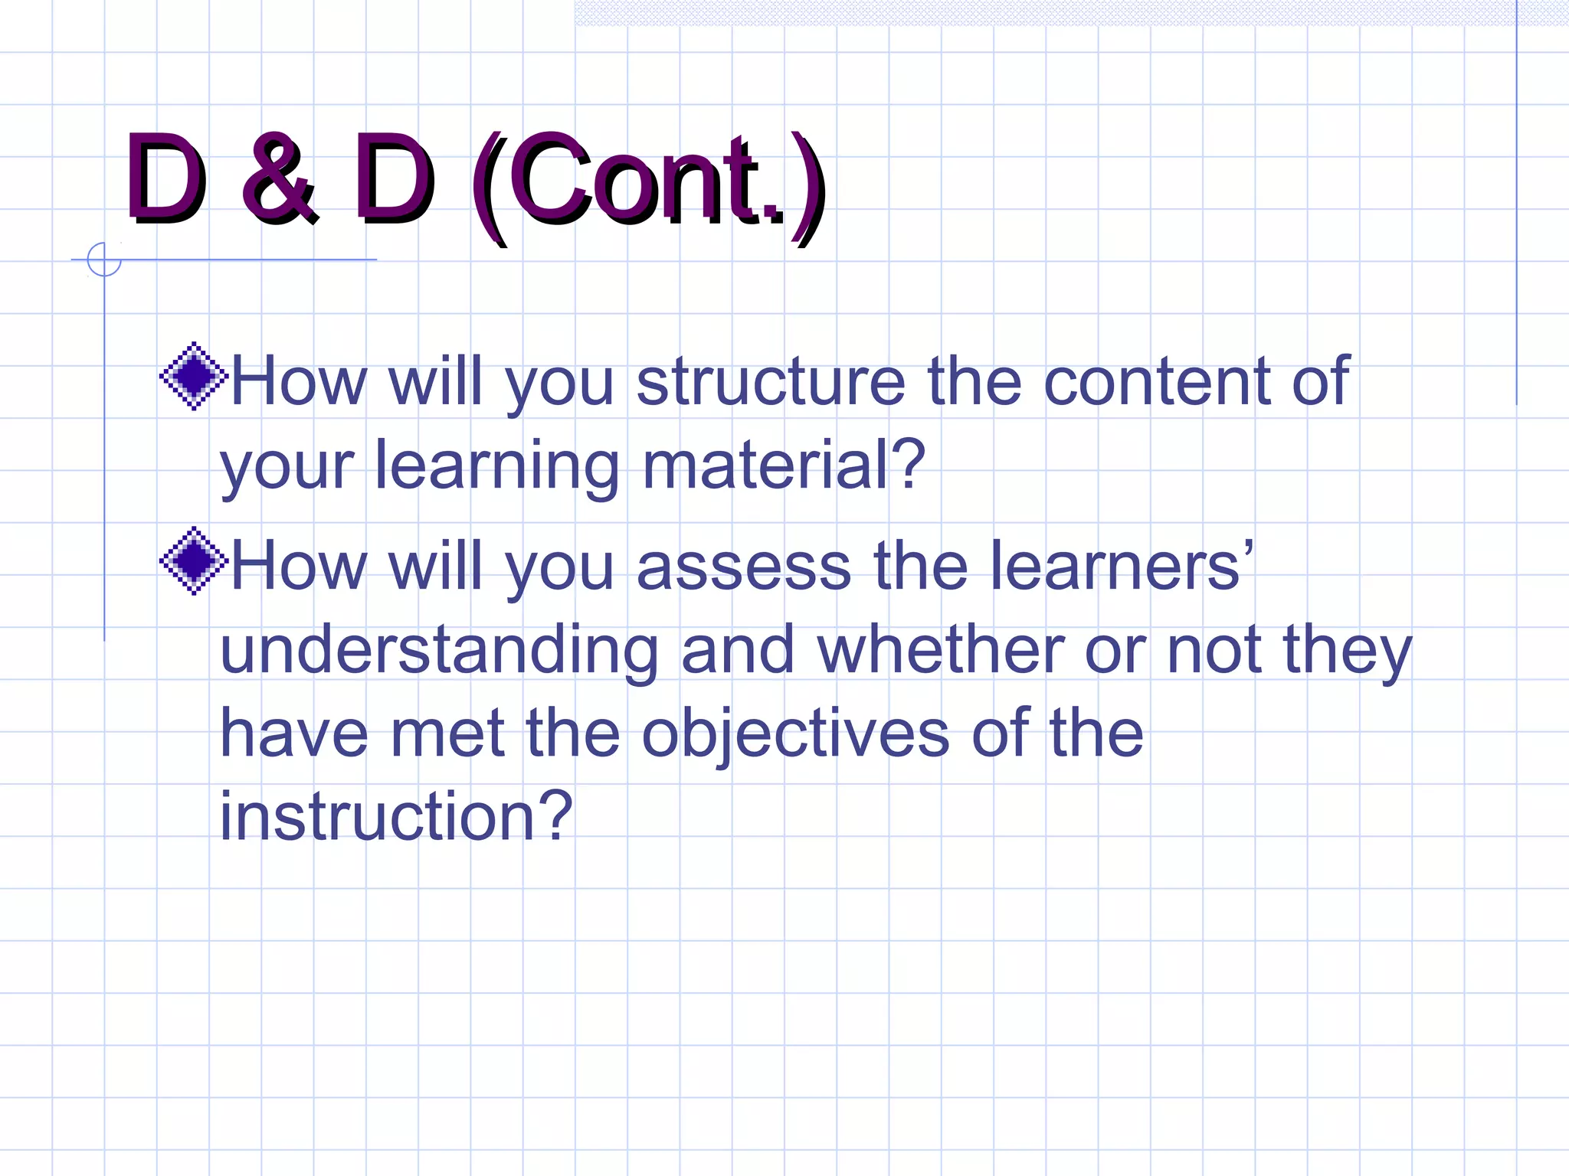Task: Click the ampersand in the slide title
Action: [x=277, y=179]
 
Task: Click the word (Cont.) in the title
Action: [x=648, y=184]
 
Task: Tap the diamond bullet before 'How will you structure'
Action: [x=194, y=376]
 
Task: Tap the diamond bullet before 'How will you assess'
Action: [x=194, y=561]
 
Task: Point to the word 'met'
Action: [x=447, y=733]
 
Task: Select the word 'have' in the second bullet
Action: [x=294, y=733]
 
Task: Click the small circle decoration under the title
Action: [x=104, y=260]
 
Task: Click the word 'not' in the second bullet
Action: [x=1214, y=651]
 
